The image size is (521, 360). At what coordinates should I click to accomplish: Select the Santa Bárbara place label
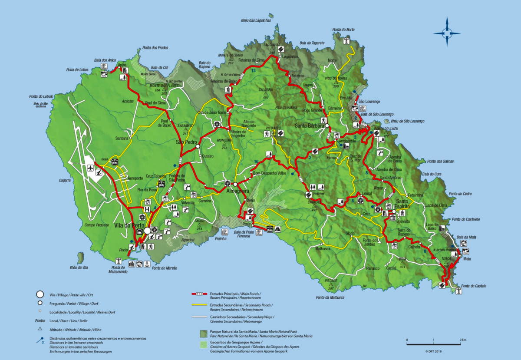[310, 126]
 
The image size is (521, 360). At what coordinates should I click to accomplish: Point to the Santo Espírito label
[402, 205]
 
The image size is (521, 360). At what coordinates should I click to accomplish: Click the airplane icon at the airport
[91, 168]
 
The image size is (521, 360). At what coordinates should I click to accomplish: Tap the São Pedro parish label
[186, 142]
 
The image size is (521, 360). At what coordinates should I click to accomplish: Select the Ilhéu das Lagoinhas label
[256, 20]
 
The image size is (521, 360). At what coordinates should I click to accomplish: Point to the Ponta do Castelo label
[474, 286]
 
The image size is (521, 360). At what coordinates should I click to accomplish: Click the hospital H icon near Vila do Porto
[147, 209]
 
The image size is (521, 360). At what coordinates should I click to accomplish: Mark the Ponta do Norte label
[344, 30]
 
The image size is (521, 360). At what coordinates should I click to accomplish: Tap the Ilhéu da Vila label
[79, 268]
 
